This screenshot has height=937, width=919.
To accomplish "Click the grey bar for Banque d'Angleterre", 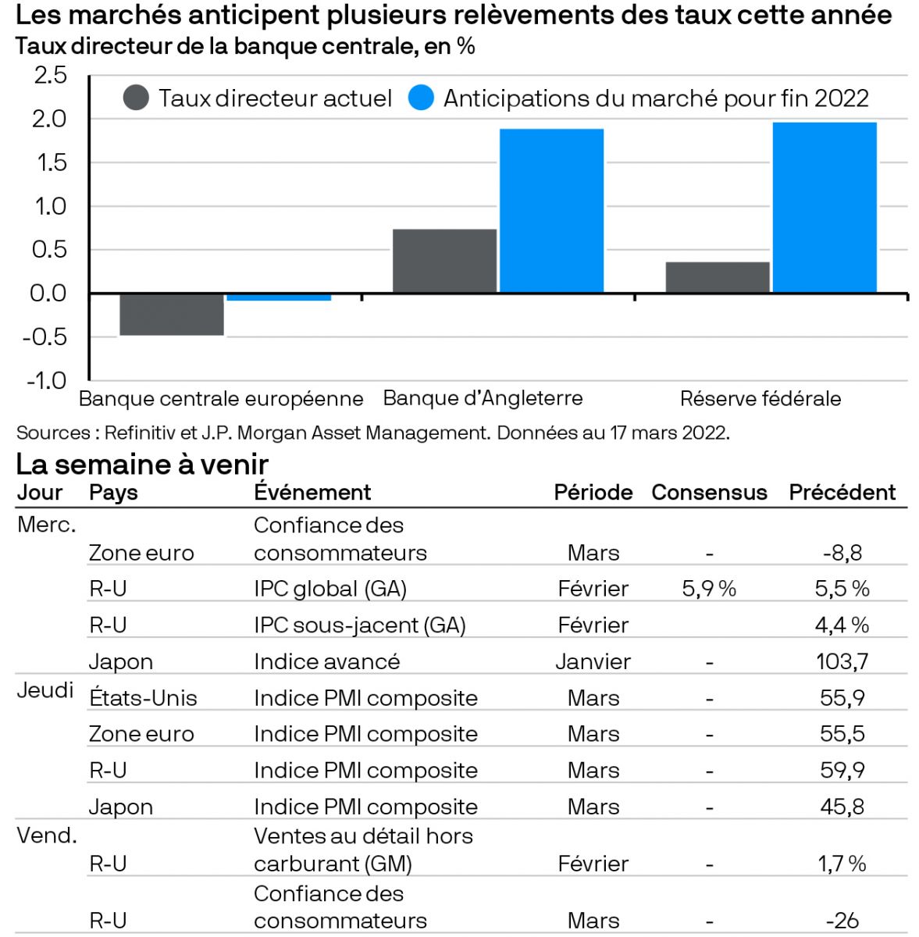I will click(444, 261).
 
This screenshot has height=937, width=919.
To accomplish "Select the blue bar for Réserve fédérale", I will click(825, 208).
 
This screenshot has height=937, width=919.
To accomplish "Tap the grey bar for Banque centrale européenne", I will click(172, 314).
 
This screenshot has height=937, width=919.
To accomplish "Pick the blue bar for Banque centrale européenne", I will click(279, 297).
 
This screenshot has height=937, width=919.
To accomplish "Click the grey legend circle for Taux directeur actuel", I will click(137, 98).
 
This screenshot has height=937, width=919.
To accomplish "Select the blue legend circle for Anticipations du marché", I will click(421, 98).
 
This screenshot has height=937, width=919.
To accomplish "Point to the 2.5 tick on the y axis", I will click(50, 76).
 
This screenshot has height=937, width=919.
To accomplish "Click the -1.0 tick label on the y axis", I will click(47, 380).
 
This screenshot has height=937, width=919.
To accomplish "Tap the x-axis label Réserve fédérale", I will click(760, 398).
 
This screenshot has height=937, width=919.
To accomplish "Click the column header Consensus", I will click(709, 493).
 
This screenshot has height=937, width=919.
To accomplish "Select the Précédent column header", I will click(842, 493).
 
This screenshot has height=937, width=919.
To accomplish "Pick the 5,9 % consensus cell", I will click(709, 589).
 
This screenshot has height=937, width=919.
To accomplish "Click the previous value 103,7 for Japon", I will click(842, 661).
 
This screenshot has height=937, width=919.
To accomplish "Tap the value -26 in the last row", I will click(842, 921).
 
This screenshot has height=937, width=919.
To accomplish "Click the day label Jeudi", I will click(45, 690).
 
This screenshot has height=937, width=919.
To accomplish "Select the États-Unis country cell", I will click(143, 697).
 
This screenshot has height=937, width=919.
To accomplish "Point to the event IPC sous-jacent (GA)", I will click(359, 625).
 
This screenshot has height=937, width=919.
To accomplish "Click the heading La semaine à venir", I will click(142, 465).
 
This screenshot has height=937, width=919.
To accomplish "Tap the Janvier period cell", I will click(593, 661).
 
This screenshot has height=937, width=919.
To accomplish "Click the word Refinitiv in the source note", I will click(137, 433).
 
